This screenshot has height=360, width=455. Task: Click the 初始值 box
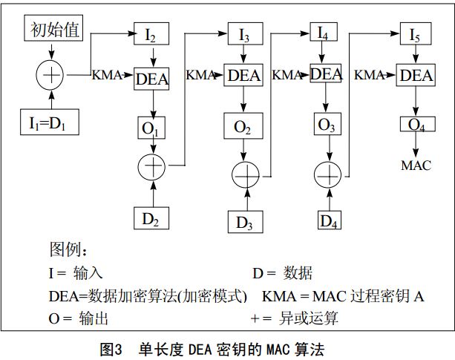tap(55, 29)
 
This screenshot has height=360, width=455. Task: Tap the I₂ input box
tap(151, 34)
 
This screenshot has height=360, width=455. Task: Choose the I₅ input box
tap(416, 33)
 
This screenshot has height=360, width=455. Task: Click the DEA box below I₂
tap(152, 77)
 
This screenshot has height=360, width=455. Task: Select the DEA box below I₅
tap(416, 75)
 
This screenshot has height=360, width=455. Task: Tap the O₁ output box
tap(152, 128)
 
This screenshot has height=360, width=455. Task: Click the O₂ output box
tap(243, 127)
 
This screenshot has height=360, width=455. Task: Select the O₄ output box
tap(416, 124)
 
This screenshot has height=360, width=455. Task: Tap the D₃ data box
tap(244, 221)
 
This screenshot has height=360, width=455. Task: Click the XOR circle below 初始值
tap(51, 75)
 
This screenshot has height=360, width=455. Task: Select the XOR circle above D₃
tap(244, 176)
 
